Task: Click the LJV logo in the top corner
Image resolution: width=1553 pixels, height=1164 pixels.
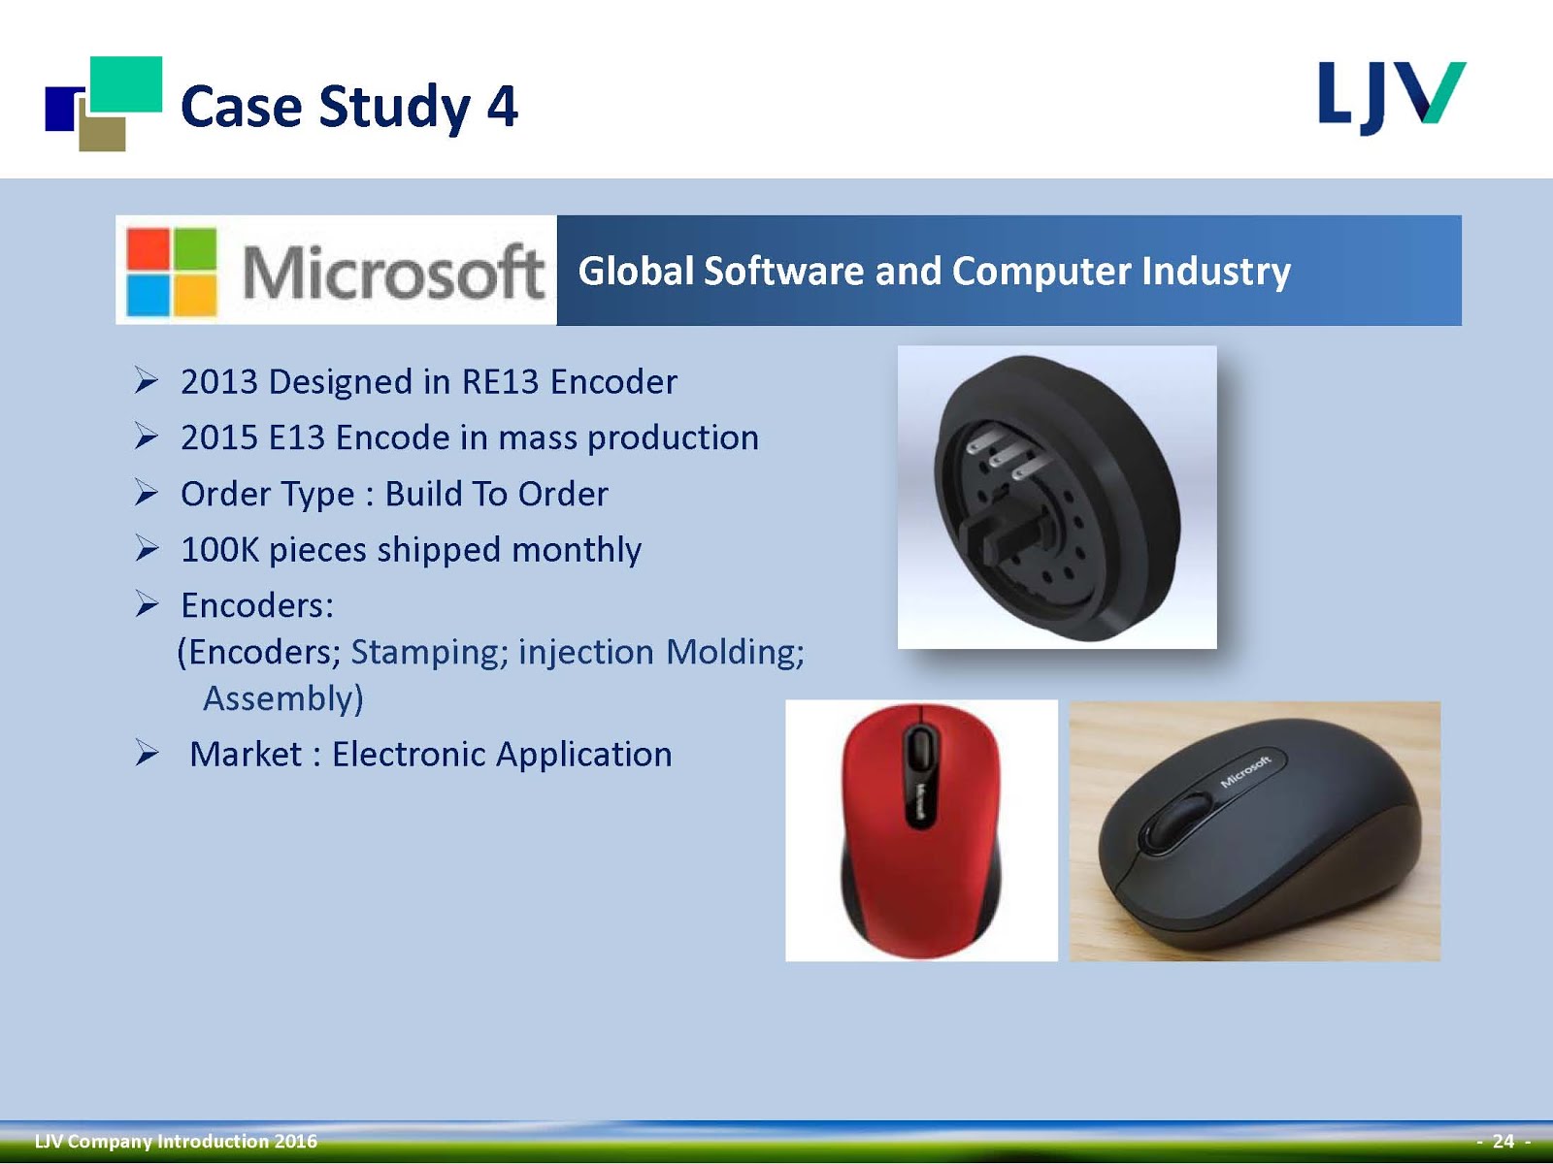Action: pyautogui.click(x=1393, y=98)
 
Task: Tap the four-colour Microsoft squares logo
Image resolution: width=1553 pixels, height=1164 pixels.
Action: pyautogui.click(x=172, y=272)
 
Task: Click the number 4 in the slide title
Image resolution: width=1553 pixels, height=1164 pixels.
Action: pyautogui.click(x=503, y=107)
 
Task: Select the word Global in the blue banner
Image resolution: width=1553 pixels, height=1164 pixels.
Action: pyautogui.click(x=636, y=272)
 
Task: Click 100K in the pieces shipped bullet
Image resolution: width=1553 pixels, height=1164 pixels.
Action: pyautogui.click(x=220, y=549)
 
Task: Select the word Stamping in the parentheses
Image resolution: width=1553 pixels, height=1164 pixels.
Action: pyautogui.click(x=429, y=652)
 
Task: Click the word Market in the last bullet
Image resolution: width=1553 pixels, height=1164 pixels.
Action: pyautogui.click(x=246, y=754)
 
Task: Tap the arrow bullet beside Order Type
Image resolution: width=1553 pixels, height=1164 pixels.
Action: pyautogui.click(x=147, y=493)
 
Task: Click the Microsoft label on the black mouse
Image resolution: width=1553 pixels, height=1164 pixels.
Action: pyautogui.click(x=1246, y=771)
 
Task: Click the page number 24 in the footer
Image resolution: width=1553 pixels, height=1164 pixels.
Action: pyautogui.click(x=1503, y=1142)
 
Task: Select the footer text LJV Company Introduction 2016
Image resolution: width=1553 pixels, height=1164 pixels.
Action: pyautogui.click(x=177, y=1142)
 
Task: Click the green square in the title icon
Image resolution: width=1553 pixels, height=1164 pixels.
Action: pyautogui.click(x=126, y=84)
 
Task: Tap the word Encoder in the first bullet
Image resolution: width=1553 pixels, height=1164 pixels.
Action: pyautogui.click(x=613, y=381)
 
